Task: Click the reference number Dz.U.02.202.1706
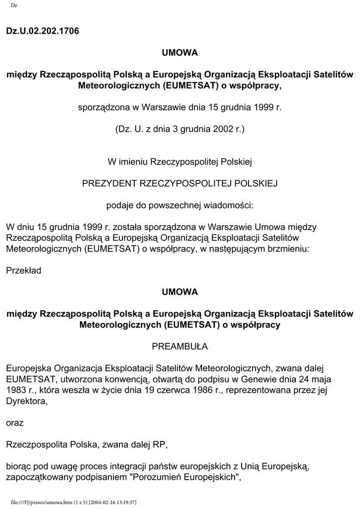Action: click(42, 31)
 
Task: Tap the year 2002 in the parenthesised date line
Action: click(222, 130)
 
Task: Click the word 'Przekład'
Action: click(23, 271)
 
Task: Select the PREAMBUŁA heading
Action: click(180, 346)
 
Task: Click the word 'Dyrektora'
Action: click(26, 401)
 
